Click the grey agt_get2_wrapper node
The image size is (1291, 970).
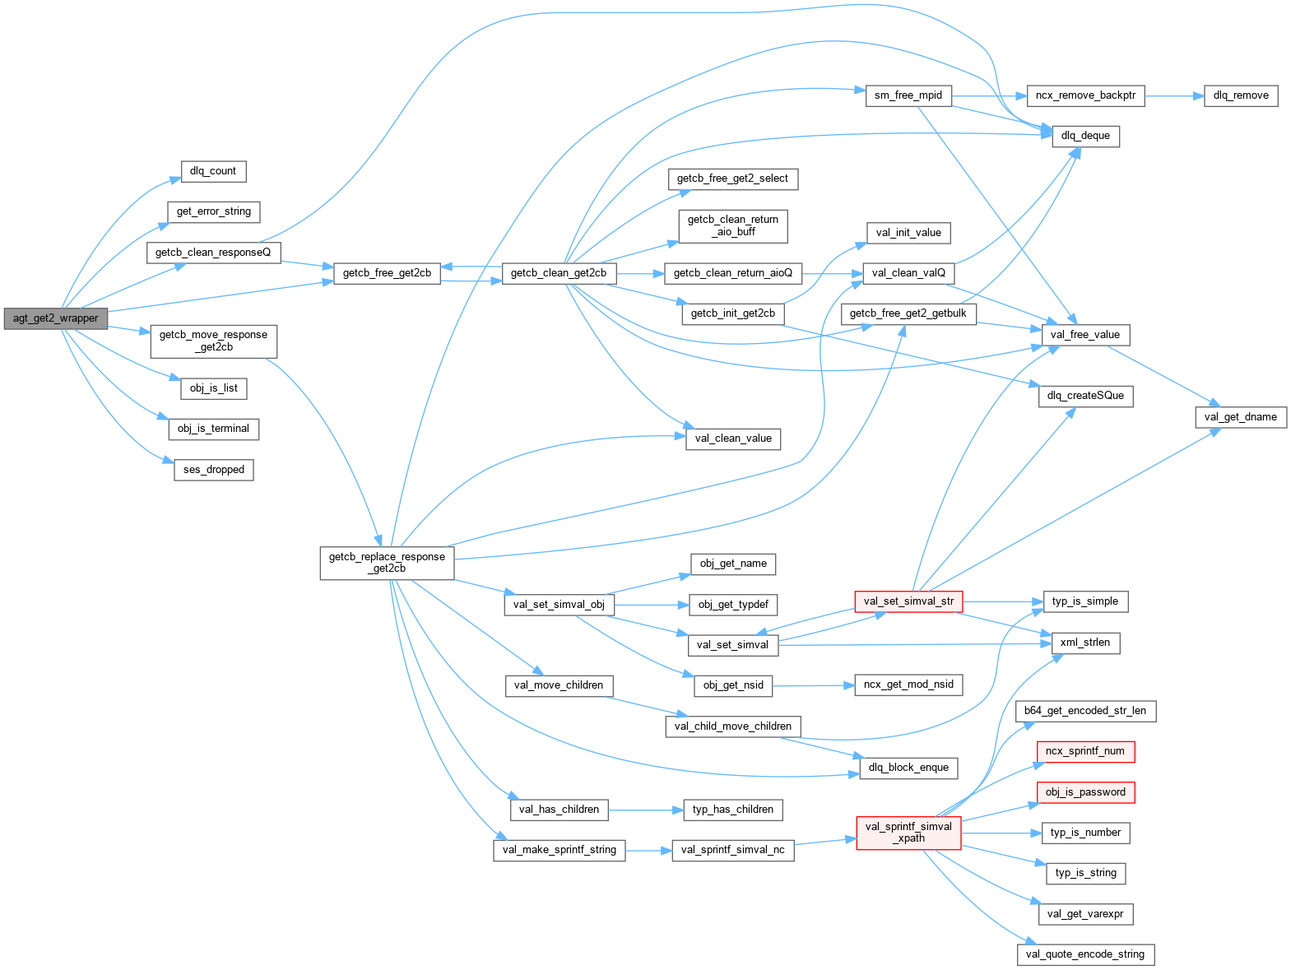tap(55, 318)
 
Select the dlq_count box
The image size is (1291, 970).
tap(213, 171)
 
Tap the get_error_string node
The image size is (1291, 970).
tap(214, 211)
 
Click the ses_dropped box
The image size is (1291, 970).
tap(214, 470)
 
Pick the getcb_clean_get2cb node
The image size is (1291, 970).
tap(559, 273)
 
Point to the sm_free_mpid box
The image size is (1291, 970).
tap(908, 95)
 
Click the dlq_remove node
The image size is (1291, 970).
tap(1241, 95)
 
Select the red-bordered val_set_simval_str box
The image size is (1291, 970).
tap(908, 601)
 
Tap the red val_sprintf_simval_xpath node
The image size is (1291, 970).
tap(908, 833)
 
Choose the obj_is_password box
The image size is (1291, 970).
tap(1085, 792)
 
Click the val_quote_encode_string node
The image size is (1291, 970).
tap(1085, 954)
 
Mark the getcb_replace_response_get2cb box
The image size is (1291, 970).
tap(387, 563)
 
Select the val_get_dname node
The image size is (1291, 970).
tap(1240, 417)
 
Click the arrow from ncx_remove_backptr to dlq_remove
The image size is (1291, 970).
tap(1173, 96)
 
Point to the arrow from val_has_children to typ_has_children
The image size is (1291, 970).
tap(646, 810)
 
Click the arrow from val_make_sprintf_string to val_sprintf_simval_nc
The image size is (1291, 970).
tap(648, 851)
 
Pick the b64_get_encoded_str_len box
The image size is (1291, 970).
tap(1085, 711)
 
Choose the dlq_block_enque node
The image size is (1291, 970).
tap(908, 768)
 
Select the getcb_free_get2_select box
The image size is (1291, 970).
tap(732, 179)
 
